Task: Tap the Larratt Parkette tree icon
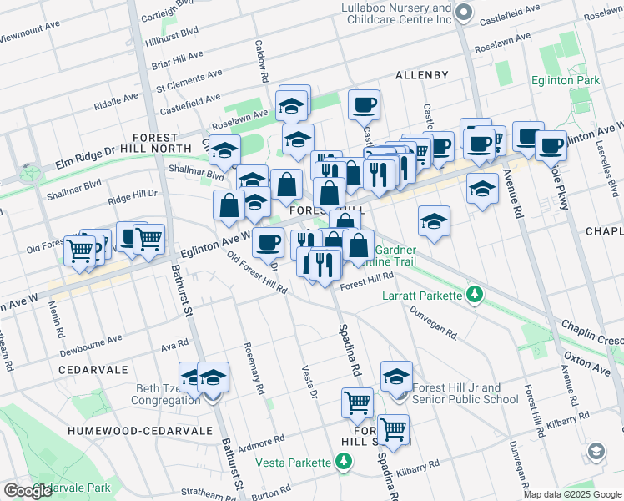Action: (x=475, y=294)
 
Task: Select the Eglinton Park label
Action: (x=566, y=81)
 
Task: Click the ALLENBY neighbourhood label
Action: (x=422, y=75)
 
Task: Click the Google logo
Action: (x=28, y=491)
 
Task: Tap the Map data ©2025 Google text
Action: (x=573, y=494)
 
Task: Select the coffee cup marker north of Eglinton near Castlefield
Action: (x=364, y=104)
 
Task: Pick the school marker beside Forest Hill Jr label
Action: (x=396, y=376)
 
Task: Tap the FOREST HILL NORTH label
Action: (x=154, y=144)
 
